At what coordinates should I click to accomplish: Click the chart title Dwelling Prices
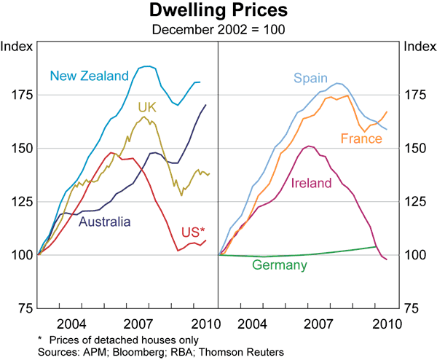coord(219,12)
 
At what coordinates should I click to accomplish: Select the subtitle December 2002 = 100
coord(219,29)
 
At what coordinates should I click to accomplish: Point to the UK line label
coord(148,108)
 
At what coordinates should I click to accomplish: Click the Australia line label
coord(105,222)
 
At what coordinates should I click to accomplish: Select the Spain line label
coord(311,78)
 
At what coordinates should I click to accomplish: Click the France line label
coord(362,138)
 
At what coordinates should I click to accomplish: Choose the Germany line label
coord(280,265)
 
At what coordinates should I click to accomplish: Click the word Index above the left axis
coord(15,47)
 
